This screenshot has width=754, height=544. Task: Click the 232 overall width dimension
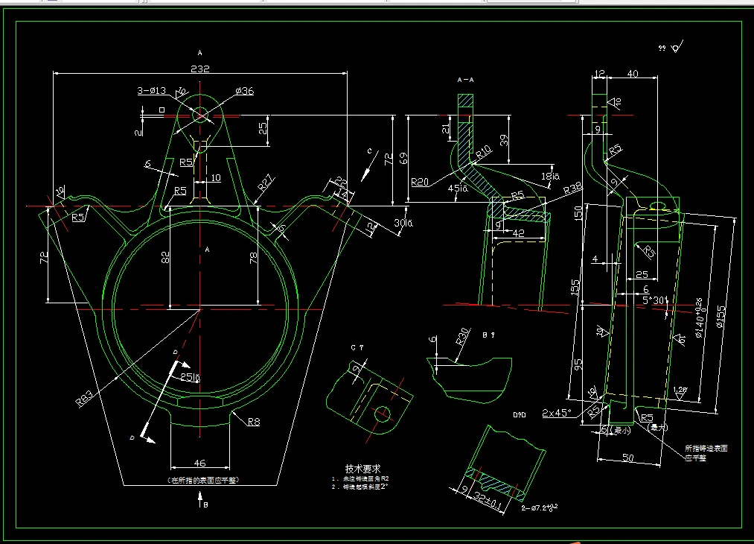pos(200,69)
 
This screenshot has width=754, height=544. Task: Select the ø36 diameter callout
pos(245,91)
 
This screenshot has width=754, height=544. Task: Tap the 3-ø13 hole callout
pos(151,91)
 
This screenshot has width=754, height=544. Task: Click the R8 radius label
pos(253,422)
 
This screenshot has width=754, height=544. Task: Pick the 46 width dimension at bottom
pos(199,463)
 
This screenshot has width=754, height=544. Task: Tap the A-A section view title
pos(465,79)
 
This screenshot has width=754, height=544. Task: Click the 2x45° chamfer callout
pos(557,412)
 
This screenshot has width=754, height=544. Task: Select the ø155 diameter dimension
pos(721,313)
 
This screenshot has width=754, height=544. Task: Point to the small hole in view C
pos(384,413)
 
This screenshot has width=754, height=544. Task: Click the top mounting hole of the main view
pos(200,115)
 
